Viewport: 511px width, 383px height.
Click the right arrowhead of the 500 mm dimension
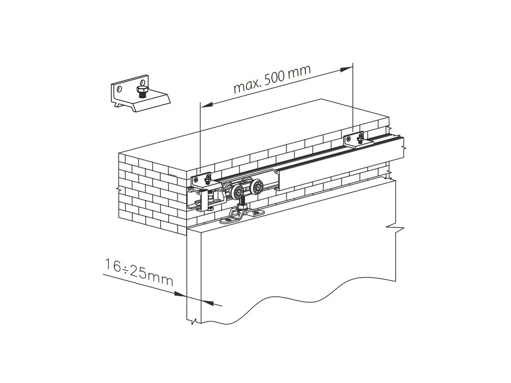click(349, 67)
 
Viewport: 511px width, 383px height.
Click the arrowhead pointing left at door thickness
click(210, 302)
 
